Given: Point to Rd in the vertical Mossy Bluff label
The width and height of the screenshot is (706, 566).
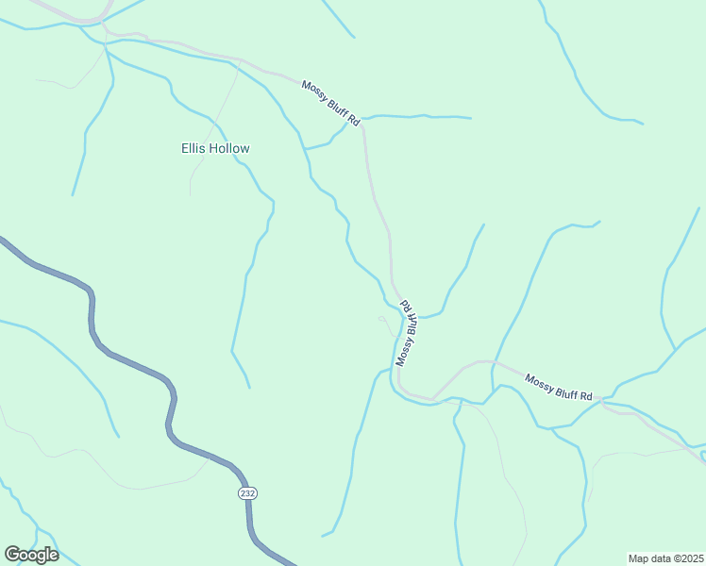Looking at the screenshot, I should [x=407, y=307].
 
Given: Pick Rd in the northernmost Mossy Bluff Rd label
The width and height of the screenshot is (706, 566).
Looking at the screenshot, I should [x=354, y=121].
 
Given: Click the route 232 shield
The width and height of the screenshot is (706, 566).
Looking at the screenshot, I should [x=247, y=493].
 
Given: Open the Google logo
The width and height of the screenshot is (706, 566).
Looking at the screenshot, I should [x=31, y=555].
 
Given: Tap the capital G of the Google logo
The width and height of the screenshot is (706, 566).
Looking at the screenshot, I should [x=12, y=554].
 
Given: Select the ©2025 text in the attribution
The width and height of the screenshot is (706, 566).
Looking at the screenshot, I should [x=686, y=558].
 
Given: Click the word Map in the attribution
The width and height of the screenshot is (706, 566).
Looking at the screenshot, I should [x=640, y=558].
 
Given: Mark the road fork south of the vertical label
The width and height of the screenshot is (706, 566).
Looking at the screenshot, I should [x=433, y=398].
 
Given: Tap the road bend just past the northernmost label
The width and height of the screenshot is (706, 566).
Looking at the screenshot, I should [x=364, y=132].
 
